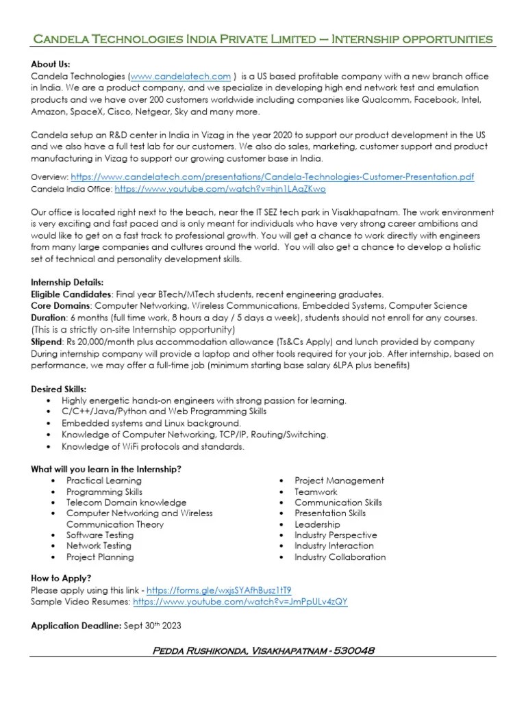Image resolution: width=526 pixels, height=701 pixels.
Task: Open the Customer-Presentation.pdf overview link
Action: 272,177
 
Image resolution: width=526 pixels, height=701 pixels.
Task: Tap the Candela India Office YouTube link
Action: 220,188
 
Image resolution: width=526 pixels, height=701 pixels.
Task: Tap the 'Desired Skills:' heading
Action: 60,389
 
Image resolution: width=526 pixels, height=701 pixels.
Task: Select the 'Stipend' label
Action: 47,340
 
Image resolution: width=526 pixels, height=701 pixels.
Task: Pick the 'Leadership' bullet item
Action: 317,524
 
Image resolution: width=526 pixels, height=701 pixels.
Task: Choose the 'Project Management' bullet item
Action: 339,481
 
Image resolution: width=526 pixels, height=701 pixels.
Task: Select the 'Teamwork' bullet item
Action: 316,492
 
